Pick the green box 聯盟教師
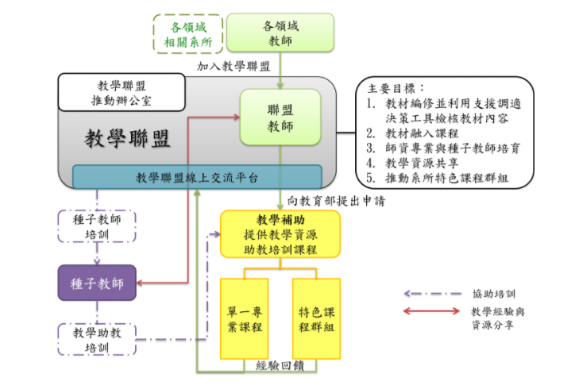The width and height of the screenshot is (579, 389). tap(280, 117)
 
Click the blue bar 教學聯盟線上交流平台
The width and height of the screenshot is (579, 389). tap(196, 176)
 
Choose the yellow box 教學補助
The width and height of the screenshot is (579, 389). tap(280, 234)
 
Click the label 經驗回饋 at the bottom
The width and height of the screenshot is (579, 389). tap(280, 366)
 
